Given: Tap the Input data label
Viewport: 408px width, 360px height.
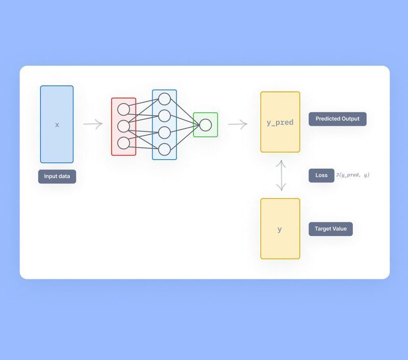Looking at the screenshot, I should point(57,176).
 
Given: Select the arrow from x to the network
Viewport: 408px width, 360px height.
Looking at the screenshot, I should point(93,124).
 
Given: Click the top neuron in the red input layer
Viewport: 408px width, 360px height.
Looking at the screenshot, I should point(123,109).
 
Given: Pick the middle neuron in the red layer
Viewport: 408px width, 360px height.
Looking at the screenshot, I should point(123,126).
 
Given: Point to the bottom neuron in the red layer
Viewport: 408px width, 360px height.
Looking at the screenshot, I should point(123,143).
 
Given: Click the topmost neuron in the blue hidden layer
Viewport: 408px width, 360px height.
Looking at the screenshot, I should point(164,99).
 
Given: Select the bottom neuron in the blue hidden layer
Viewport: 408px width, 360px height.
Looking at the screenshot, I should point(164,149).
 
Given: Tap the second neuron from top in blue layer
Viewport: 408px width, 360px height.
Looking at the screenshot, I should point(164,116).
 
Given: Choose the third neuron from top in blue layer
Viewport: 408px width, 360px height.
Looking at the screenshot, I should point(164,133).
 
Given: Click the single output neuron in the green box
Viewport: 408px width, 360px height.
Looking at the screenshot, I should point(206,125).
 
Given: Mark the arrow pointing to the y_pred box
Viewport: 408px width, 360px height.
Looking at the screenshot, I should point(238,124).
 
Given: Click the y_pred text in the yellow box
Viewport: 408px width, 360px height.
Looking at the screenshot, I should point(280,123).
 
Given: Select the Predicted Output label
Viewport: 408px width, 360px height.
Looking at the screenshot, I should point(337,119).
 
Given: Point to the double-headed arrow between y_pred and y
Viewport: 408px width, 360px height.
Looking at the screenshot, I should point(280,175).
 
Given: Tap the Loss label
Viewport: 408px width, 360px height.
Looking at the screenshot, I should point(321,175).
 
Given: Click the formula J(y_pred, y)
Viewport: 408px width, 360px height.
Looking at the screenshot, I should point(352,175).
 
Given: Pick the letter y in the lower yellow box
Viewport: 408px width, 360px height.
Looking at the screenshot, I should point(279,229).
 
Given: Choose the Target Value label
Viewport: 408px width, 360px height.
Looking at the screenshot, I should point(330,229).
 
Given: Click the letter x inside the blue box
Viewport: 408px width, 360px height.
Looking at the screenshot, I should point(57,125).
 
